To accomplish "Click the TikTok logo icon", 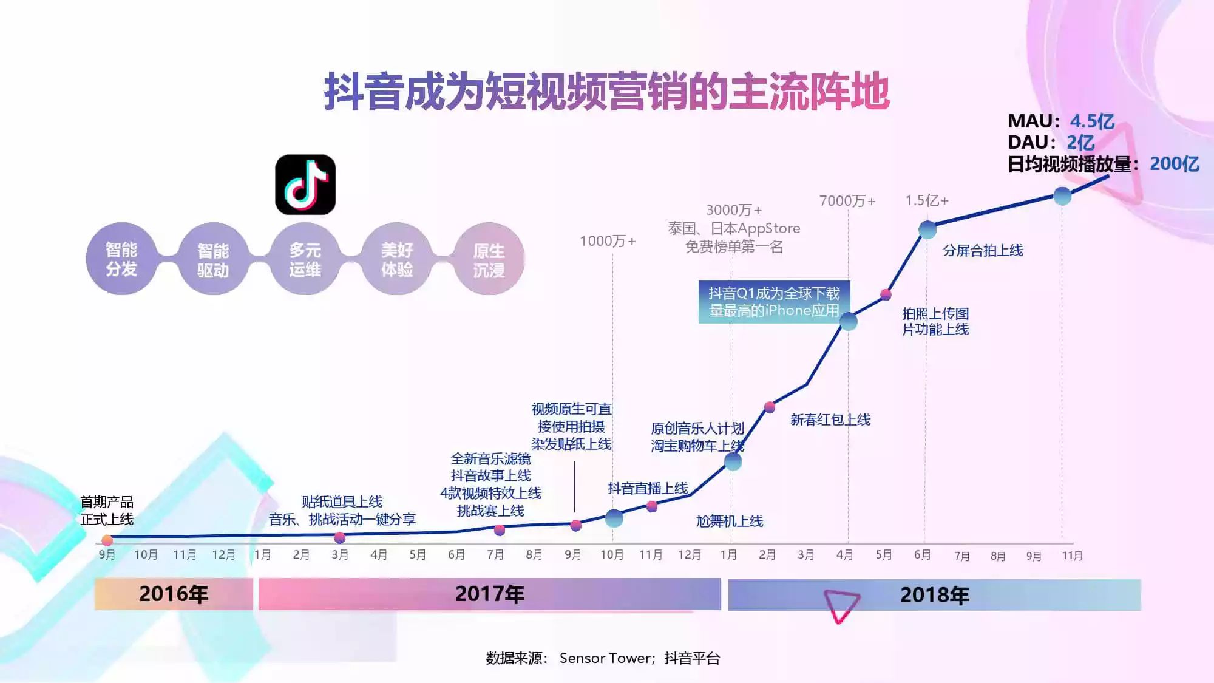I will tap(305, 185).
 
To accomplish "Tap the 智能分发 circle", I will tap(121, 259).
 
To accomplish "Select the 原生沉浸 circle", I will tap(489, 260).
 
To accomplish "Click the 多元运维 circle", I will tap(305, 260).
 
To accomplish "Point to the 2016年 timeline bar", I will tap(174, 594).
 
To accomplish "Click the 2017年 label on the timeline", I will tap(490, 594).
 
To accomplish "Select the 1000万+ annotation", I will tap(608, 241).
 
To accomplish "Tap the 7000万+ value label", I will tap(847, 201).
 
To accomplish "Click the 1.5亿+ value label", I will tap(927, 201).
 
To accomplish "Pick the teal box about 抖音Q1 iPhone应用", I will tap(774, 302).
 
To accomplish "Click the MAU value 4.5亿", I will tap(1092, 121).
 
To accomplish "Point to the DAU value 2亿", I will tap(1080, 143).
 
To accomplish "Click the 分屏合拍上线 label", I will tap(983, 250).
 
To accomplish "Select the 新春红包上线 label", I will tap(830, 420).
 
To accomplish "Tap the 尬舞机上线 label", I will tap(729, 521).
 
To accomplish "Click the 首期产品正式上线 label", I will tap(107, 511).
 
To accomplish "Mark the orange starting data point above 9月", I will tap(107, 540).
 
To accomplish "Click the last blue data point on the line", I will tap(1062, 196).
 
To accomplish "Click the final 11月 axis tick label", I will tap(1072, 556).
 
